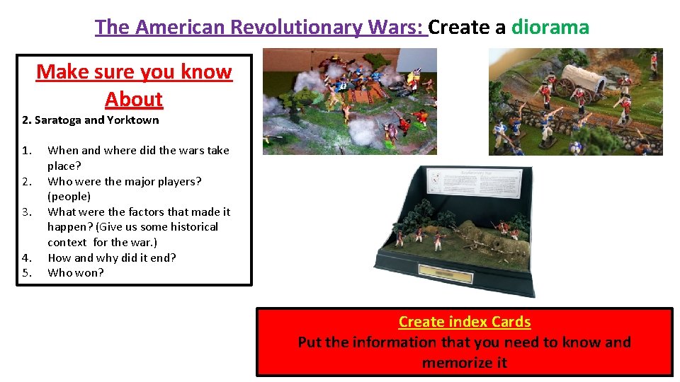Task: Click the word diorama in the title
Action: pos(550,28)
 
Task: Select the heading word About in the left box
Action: pos(134,100)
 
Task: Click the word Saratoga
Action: pos(57,120)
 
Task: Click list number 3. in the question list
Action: pos(27,212)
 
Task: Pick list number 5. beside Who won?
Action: pos(27,273)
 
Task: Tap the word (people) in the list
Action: pos(69,197)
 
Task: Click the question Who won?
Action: pos(75,273)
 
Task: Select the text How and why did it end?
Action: pos(112,257)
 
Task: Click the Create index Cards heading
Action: pos(465,322)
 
